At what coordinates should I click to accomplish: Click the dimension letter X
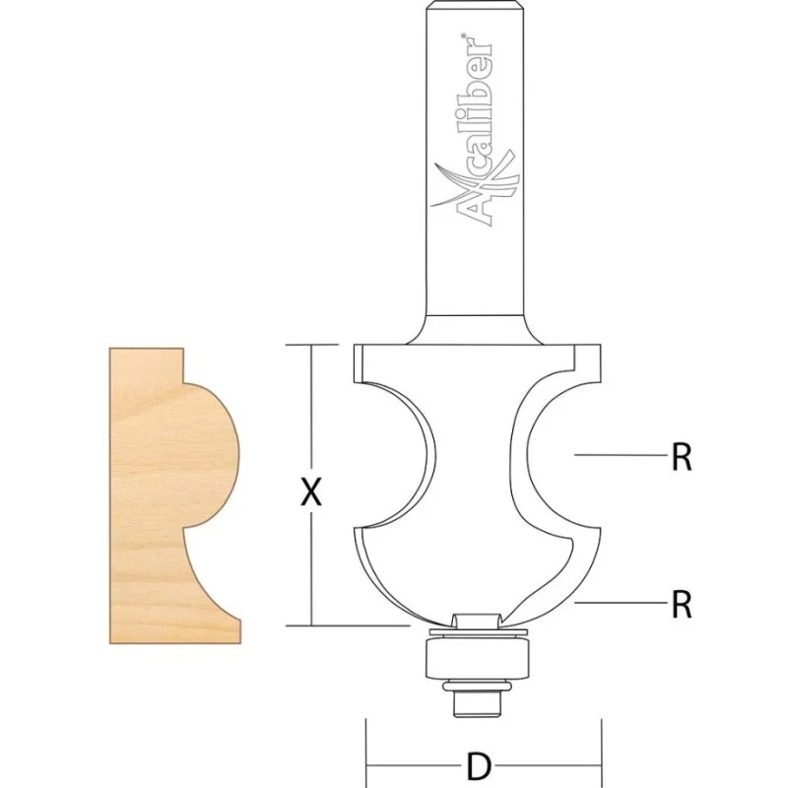311,492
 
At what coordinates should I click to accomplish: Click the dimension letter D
479,766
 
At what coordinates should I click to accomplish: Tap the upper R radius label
682,457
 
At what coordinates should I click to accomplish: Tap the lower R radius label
682,604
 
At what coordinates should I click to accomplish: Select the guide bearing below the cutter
477,658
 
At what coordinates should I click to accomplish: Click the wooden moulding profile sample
174,495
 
